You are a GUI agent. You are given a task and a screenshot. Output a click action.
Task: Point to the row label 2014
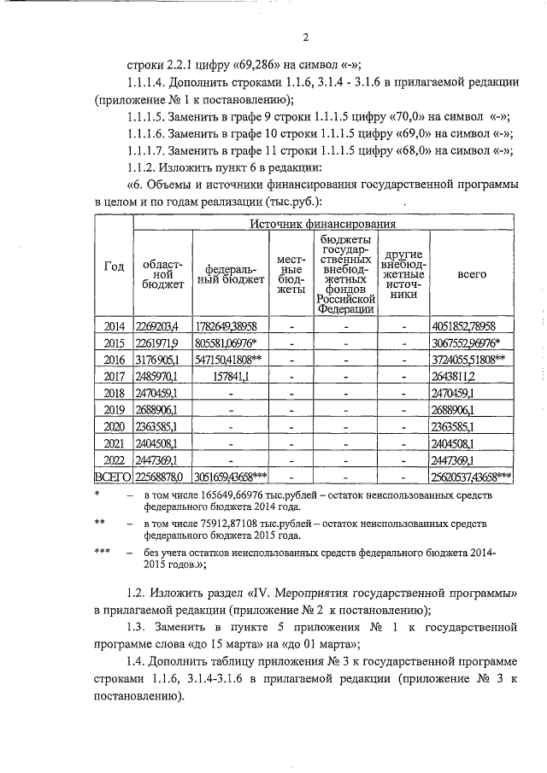pyautogui.click(x=113, y=326)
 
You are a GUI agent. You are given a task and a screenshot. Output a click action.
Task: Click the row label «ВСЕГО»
pyautogui.click(x=113, y=477)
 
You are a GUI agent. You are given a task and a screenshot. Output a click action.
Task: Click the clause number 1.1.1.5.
pyautogui.click(x=146, y=120)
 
